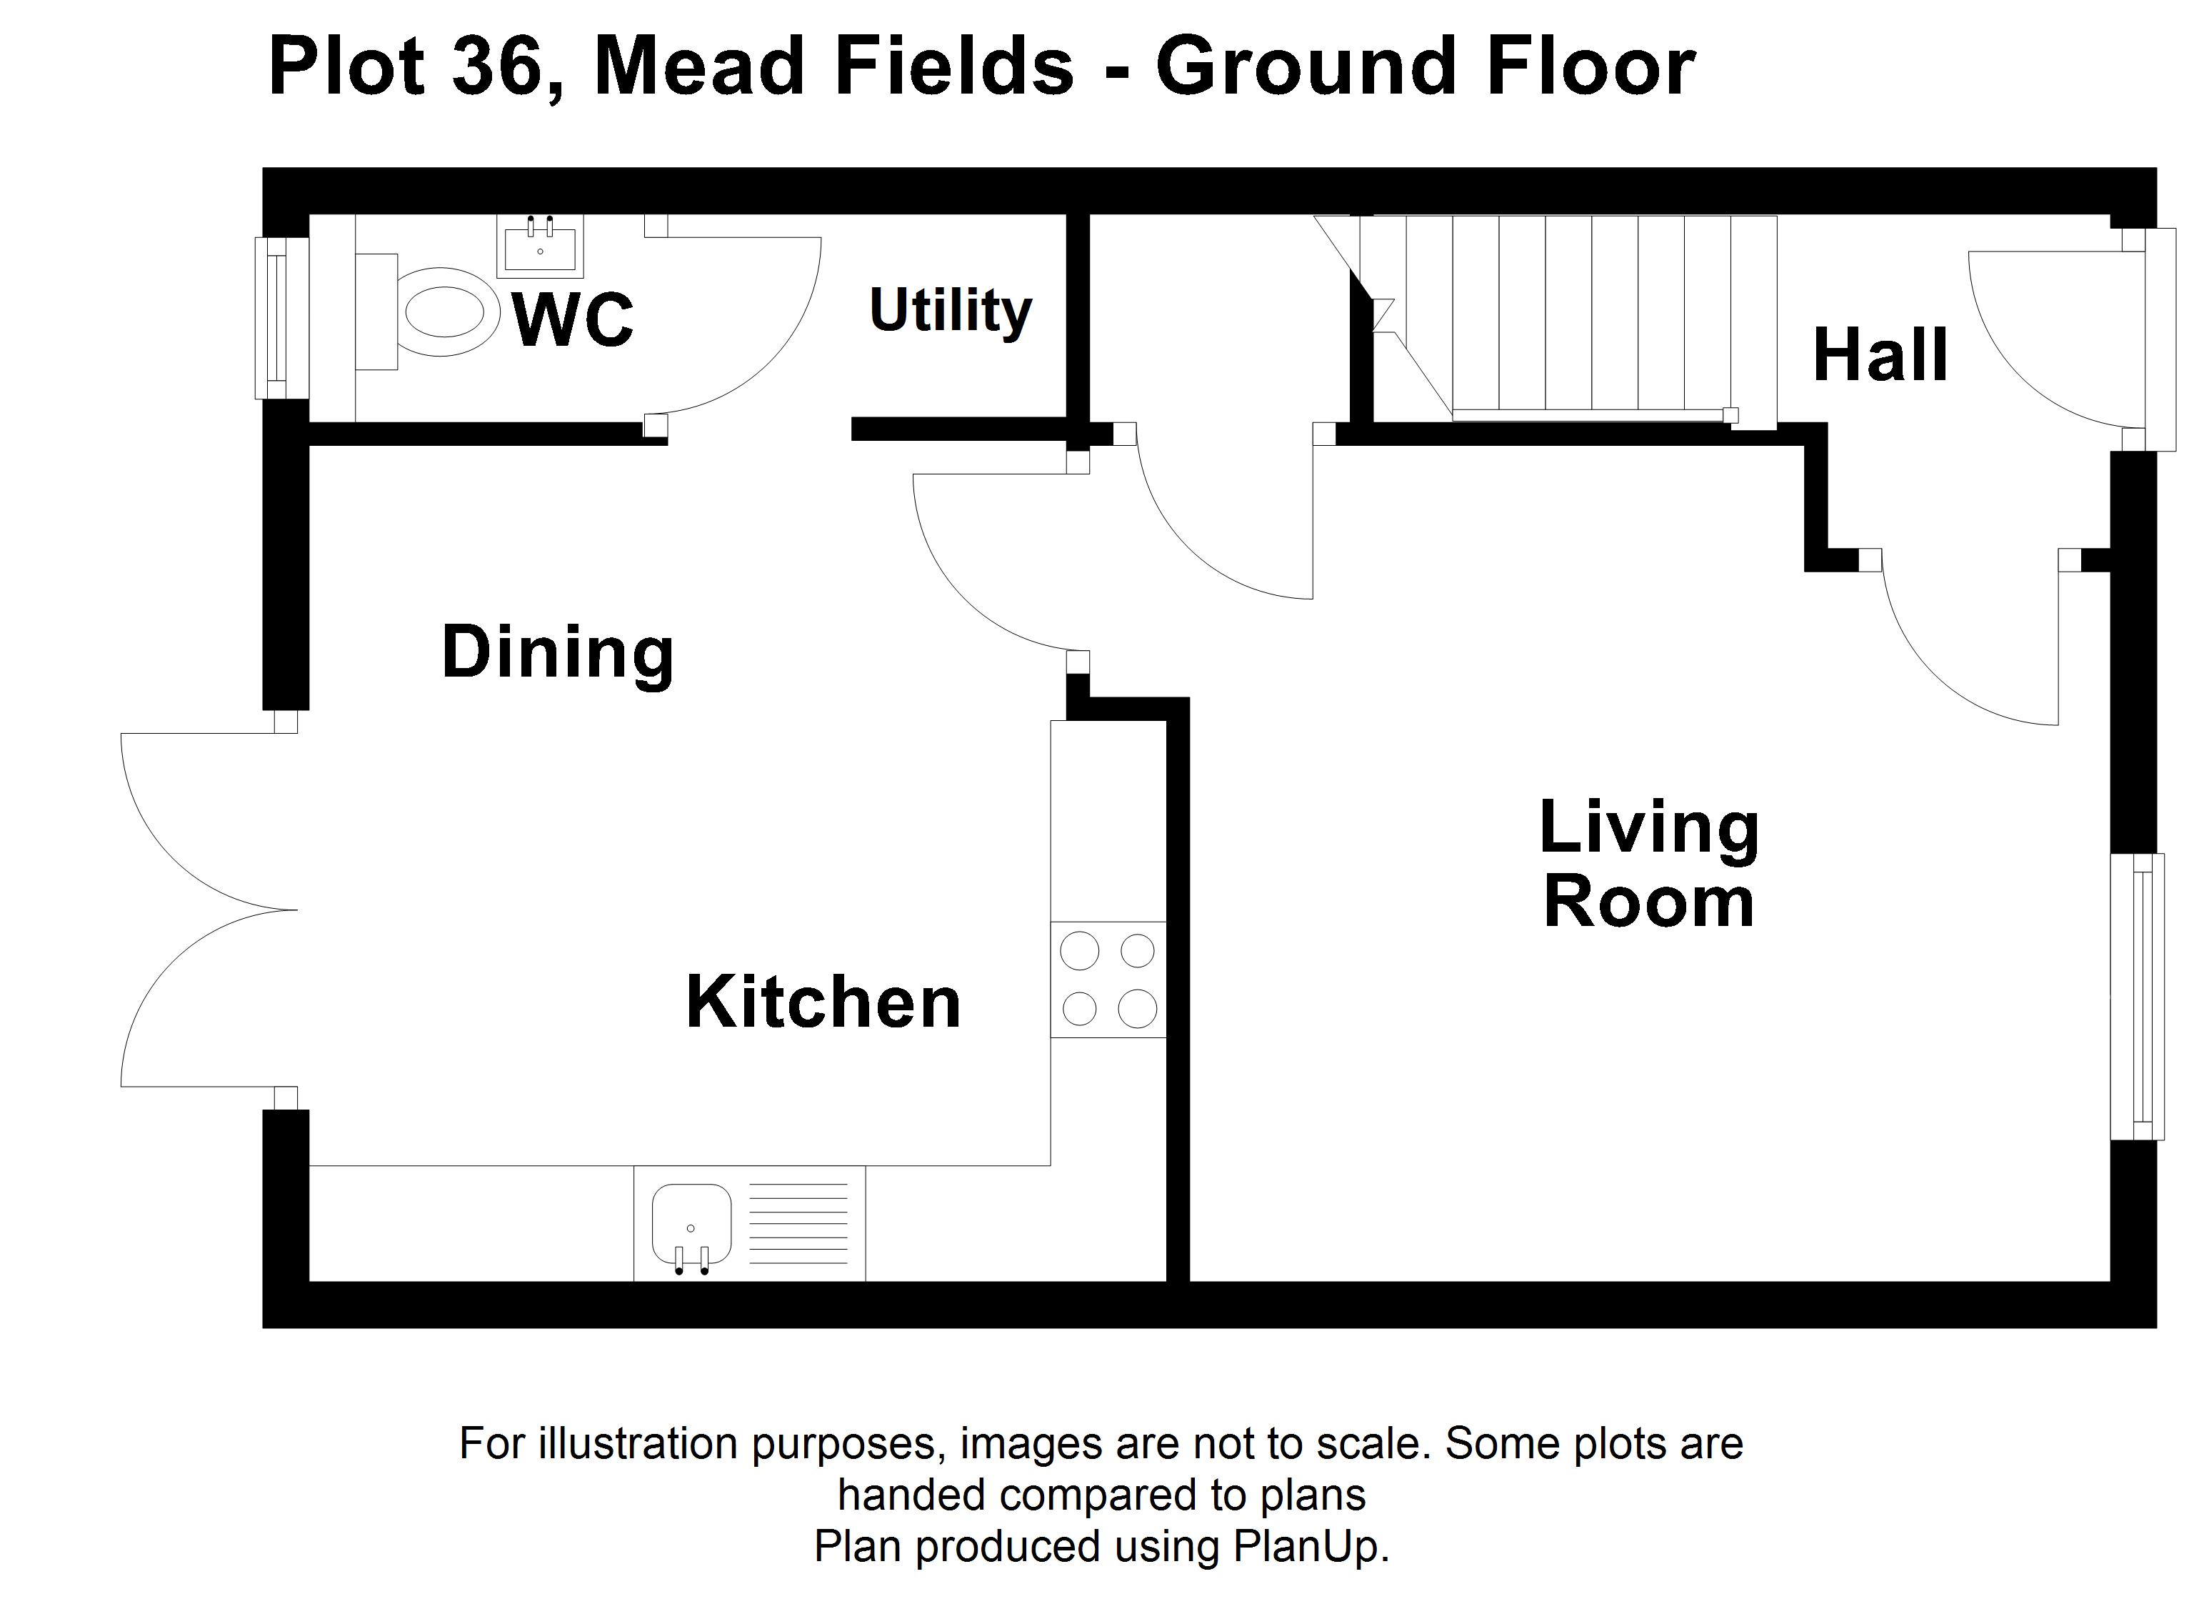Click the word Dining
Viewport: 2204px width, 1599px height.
coord(558,653)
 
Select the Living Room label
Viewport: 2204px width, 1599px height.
coord(1649,863)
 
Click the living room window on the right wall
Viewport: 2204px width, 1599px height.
coord(2137,996)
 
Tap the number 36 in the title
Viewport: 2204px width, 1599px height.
coord(495,67)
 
